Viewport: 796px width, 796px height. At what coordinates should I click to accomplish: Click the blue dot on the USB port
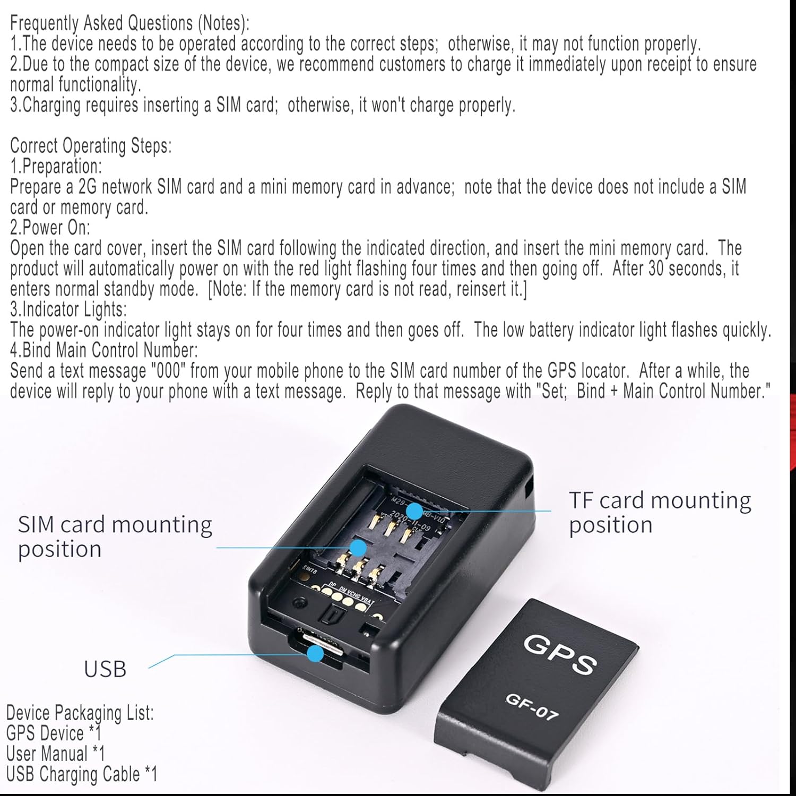[316, 653]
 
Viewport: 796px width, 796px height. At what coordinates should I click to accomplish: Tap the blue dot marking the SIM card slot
[359, 547]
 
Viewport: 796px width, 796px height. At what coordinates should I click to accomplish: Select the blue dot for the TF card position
[414, 511]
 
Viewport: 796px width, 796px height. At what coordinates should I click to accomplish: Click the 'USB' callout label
[105, 669]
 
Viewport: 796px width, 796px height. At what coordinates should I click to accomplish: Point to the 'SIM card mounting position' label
[115, 537]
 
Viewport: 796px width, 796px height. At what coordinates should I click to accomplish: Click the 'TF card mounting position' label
[660, 512]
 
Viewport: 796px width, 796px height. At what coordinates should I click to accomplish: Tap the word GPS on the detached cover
[560, 654]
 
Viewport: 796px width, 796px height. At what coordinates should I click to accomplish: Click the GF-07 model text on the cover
[532, 707]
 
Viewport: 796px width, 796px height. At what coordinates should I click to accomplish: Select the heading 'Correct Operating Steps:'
[91, 145]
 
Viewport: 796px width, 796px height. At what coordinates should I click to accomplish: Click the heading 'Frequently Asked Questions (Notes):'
[129, 23]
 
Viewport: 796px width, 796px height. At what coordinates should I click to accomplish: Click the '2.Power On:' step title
[50, 228]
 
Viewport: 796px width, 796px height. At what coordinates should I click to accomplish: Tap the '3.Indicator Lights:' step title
[68, 309]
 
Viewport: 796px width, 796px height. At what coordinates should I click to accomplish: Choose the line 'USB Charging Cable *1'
[82, 774]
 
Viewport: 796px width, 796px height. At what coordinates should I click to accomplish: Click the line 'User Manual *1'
[55, 754]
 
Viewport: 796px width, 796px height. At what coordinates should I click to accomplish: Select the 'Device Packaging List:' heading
[80, 713]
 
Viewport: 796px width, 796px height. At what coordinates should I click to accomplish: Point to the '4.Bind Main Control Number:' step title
[104, 350]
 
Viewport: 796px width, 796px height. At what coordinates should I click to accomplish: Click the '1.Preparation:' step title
[56, 166]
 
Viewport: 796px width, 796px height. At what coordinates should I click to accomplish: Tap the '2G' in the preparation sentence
[87, 187]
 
